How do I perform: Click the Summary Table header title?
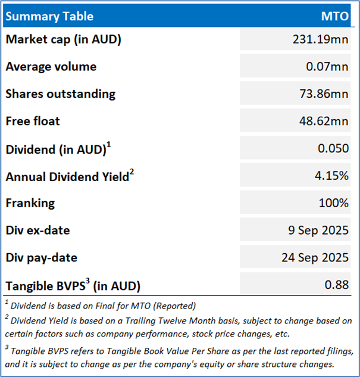pos(49,16)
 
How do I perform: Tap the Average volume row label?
pos(51,67)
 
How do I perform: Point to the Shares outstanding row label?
pos(60,94)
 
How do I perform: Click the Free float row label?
pos(33,121)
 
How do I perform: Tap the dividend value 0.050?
pos(333,148)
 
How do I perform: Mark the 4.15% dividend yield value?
pos(332,176)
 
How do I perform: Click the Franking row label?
pos(30,202)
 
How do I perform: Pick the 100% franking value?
pos(334,202)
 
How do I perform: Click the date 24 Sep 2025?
pos(315,257)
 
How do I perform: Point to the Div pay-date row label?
pos(42,257)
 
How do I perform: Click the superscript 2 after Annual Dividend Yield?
pos(132,172)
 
